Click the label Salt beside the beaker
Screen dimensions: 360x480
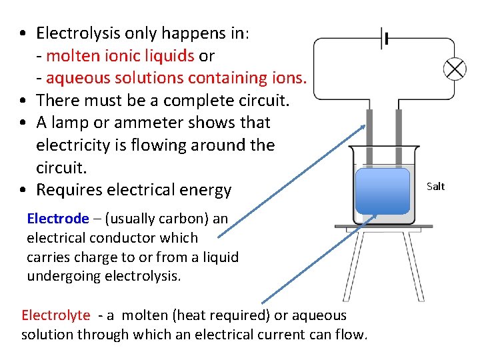[x=435, y=187]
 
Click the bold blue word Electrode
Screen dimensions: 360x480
[x=57, y=219]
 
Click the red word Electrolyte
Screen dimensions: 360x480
[x=55, y=315]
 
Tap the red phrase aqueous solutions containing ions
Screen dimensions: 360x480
[x=177, y=78]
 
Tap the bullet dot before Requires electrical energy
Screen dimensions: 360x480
[x=23, y=191]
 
